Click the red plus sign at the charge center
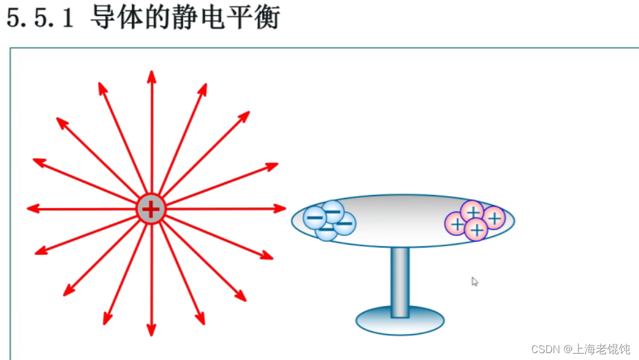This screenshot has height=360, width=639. click(151, 209)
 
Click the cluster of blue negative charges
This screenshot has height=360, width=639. click(330, 220)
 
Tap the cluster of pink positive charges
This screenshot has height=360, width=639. click(475, 220)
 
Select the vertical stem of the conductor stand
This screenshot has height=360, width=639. click(400, 281)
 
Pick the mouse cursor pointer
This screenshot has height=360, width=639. click(475, 282)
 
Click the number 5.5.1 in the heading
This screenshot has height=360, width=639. click(40, 18)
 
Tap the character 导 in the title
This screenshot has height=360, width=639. click(103, 18)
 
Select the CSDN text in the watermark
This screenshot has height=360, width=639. click(546, 349)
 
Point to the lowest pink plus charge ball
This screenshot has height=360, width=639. click(476, 230)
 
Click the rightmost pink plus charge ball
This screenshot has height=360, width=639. click(494, 217)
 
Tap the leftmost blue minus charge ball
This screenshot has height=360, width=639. click(315, 217)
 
